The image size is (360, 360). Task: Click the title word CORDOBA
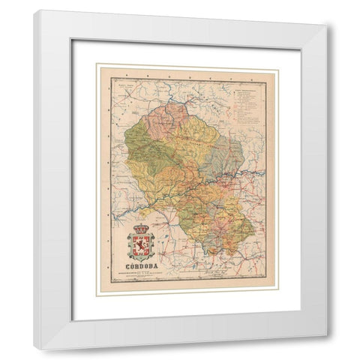click(x=139, y=265)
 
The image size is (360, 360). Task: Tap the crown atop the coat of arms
click(x=140, y=226)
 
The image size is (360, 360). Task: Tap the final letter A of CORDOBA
click(x=156, y=265)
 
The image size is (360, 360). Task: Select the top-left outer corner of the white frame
click(x=34, y=10)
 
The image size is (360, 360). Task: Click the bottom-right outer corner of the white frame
click(x=327, y=349)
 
